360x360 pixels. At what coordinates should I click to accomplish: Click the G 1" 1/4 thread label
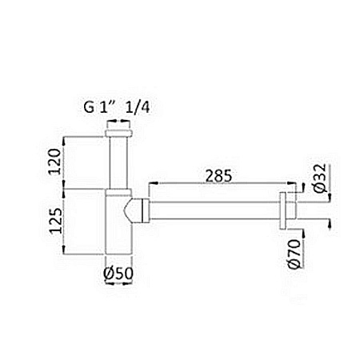[x=117, y=107]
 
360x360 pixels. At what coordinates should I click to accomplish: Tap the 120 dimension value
[x=54, y=162]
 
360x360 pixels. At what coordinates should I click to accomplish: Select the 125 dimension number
[x=56, y=221]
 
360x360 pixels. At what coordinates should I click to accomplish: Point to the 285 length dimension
[x=218, y=176]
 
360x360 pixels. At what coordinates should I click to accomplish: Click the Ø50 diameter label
[x=118, y=273]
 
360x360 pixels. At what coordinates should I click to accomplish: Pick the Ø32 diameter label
[x=320, y=178]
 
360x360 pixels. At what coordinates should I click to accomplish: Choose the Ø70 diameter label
[x=294, y=254]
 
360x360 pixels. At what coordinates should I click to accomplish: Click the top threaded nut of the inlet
[x=118, y=134]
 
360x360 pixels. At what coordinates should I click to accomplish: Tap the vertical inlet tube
[x=118, y=163]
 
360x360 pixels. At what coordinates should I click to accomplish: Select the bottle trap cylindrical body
[x=118, y=225]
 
